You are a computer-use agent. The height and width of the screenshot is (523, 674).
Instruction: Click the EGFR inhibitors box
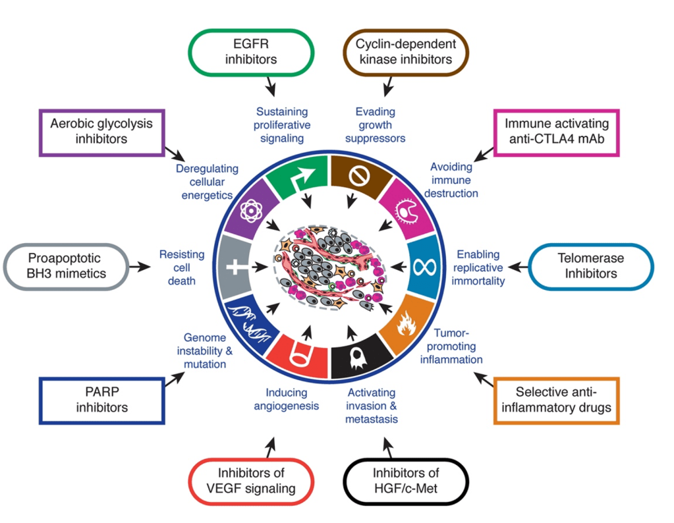(251, 52)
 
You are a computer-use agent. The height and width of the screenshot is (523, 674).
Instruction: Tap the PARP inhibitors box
(101, 399)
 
